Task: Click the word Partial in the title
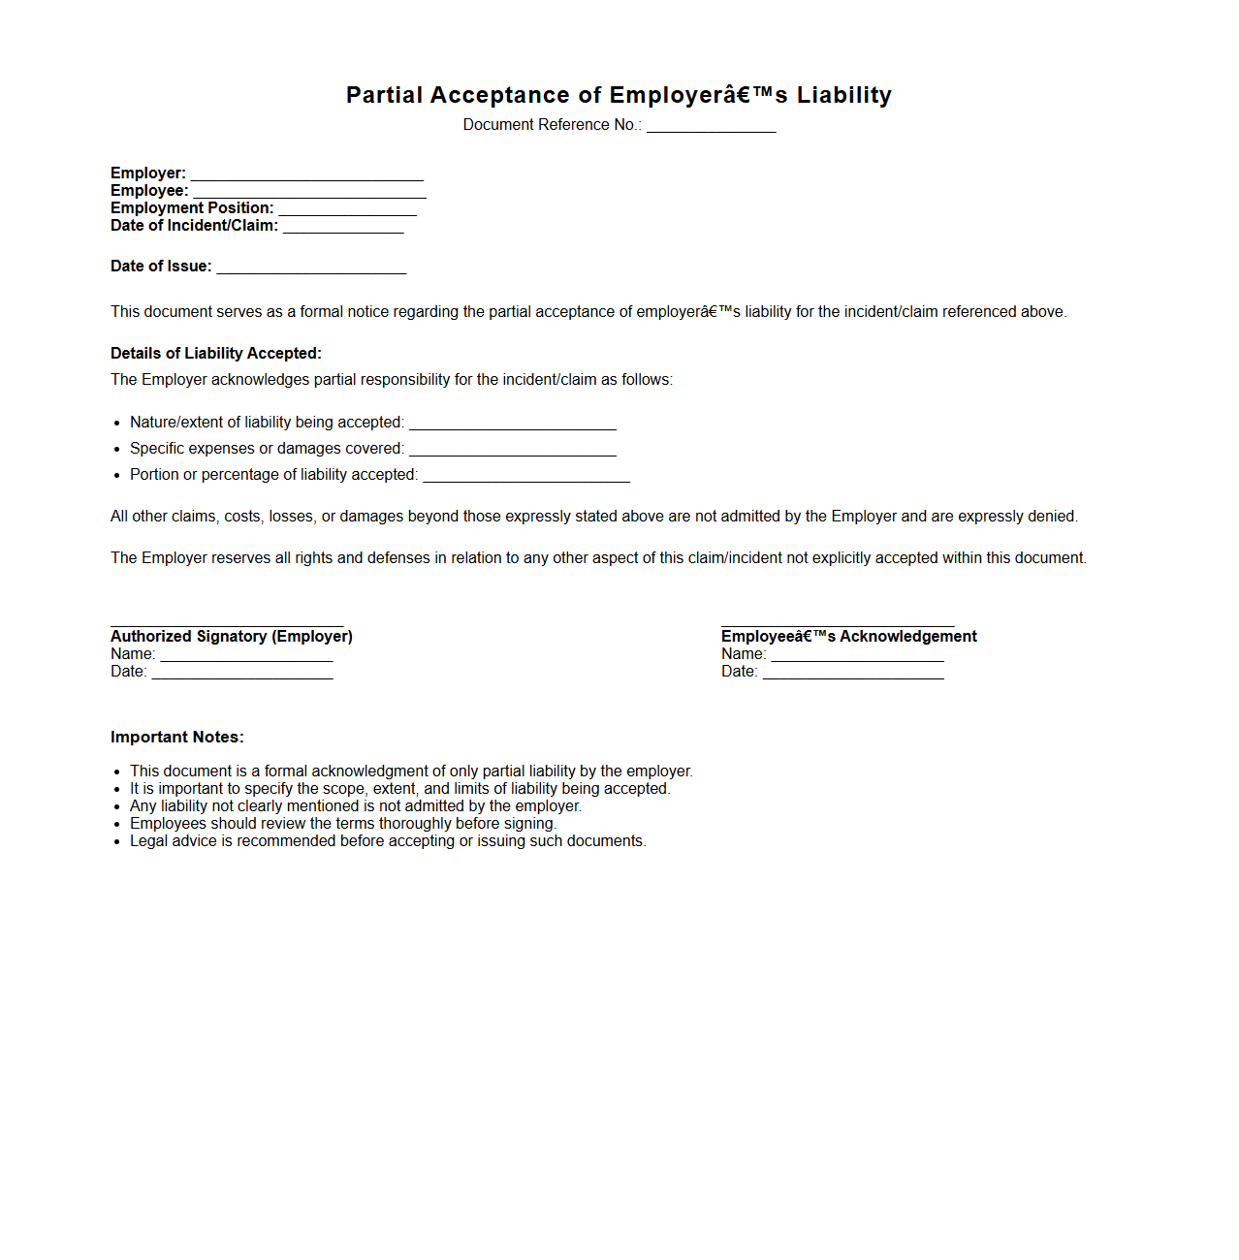384,95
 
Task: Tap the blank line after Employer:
306,177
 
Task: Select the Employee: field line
309,195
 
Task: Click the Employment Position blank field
347,212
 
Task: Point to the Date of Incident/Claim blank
343,230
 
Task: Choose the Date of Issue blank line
311,270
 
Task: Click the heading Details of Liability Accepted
216,353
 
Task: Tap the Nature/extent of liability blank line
512,426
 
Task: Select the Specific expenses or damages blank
512,453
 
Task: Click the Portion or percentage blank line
526,479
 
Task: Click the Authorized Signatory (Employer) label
232,636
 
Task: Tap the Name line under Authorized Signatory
246,658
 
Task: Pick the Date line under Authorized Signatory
242,676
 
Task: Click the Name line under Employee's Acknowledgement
857,658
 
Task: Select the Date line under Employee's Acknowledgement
853,676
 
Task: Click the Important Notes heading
177,737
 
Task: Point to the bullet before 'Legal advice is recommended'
117,842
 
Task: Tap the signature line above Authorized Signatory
227,625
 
